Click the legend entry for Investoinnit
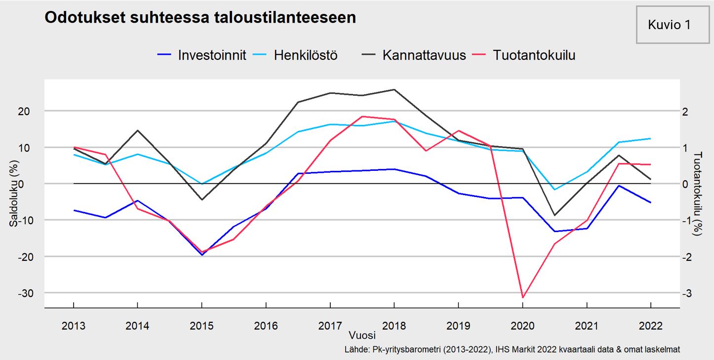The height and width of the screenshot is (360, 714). click(x=212, y=55)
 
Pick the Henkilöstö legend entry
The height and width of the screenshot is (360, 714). click(x=306, y=55)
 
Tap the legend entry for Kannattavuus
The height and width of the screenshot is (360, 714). click(x=424, y=55)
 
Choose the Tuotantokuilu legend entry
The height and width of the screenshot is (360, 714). click(x=534, y=55)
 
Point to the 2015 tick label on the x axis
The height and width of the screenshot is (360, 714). click(x=201, y=326)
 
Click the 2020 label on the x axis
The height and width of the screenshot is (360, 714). click(x=522, y=326)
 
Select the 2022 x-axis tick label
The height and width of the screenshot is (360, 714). click(x=650, y=326)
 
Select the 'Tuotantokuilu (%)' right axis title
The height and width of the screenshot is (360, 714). click(x=698, y=193)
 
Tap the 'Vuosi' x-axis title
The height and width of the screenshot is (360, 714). click(x=362, y=335)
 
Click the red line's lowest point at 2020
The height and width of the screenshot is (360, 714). click(x=522, y=298)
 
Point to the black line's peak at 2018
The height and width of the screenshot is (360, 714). click(x=394, y=89)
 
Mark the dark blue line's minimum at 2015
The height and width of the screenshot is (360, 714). click(x=202, y=255)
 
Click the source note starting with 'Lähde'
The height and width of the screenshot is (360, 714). click(x=512, y=350)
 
